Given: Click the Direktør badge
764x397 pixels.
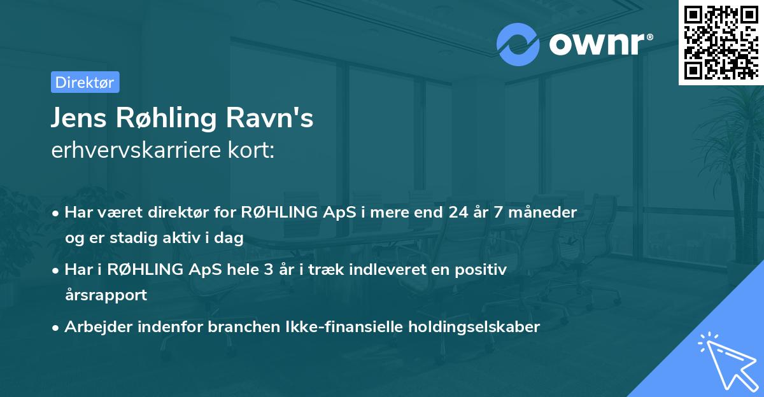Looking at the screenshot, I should coord(85,82).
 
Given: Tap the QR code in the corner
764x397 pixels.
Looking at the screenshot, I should coord(721,42).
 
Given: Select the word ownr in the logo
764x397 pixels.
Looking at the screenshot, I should coord(597,44).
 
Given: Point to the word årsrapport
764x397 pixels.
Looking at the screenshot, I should coord(106,295).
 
